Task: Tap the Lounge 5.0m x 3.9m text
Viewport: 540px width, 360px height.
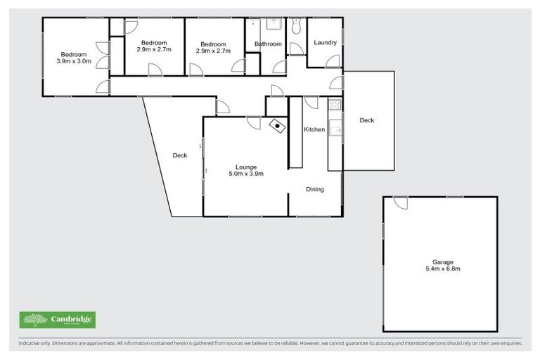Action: [245, 170]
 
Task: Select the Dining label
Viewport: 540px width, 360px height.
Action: [314, 189]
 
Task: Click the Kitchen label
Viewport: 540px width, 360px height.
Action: [314, 129]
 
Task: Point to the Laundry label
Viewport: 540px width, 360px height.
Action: [325, 43]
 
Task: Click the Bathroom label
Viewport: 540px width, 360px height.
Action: [268, 44]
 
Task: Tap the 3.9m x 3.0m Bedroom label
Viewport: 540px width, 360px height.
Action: [73, 58]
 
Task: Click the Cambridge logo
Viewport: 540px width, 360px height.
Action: [57, 320]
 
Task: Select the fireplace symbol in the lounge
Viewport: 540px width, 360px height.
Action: [278, 127]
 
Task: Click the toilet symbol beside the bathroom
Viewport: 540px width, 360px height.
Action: [295, 27]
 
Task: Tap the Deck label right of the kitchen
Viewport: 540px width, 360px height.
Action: [367, 121]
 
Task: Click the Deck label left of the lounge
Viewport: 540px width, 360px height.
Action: [180, 155]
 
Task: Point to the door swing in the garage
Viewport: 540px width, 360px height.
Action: [401, 202]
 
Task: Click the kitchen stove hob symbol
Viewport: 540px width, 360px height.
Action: [335, 105]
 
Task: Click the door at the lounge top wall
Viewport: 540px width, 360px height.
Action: [254, 123]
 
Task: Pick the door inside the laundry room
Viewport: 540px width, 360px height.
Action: [333, 61]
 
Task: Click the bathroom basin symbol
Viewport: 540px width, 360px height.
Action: [274, 26]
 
